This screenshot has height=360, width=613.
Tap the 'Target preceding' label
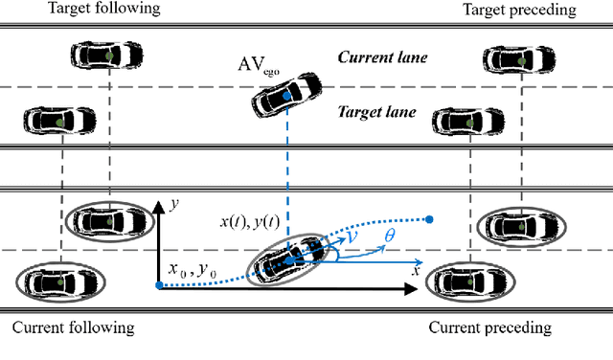pyautogui.click(x=520, y=10)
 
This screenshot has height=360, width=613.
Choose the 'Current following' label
pyautogui.click(x=73, y=328)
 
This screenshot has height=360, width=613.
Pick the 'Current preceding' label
pyautogui.click(x=489, y=328)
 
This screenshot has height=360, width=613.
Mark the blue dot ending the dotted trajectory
pyautogui.click(x=429, y=219)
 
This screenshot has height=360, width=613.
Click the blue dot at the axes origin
pyautogui.click(x=158, y=284)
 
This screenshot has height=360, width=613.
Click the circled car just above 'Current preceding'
pyautogui.click(x=465, y=281)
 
